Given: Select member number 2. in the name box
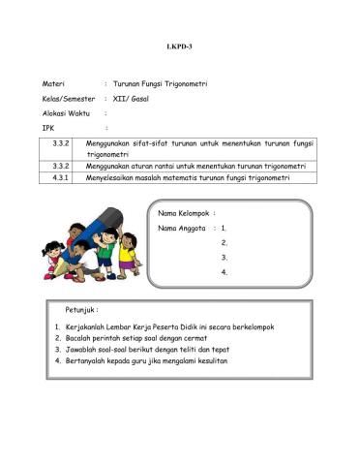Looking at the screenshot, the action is click(x=224, y=242).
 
